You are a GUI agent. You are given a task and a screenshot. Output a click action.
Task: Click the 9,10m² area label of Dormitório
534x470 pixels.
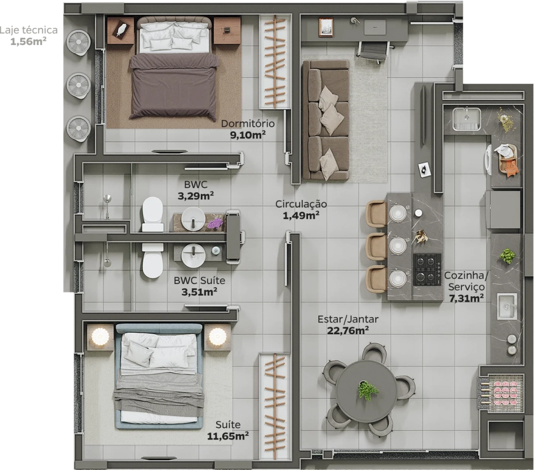coord(248,135)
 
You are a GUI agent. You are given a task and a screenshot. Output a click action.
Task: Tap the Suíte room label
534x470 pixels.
coord(228,425)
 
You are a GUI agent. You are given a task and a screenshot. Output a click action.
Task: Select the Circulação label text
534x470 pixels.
coord(301,204)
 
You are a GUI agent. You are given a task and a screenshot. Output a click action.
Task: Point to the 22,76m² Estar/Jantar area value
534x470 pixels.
coord(348,330)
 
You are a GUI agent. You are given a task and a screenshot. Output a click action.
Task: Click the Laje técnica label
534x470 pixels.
coord(29,30)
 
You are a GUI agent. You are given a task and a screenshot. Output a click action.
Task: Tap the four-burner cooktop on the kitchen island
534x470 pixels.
coord(427,269)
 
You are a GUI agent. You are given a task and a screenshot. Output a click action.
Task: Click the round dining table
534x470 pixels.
coord(366,389)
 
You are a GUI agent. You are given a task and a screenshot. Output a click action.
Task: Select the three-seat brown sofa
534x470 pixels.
coord(325,120)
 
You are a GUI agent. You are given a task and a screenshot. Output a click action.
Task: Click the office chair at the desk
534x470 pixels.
coord(374,52)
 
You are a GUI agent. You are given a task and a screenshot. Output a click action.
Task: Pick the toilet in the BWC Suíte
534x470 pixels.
coord(152,260)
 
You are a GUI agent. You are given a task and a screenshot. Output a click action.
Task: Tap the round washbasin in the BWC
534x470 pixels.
coord(193,218)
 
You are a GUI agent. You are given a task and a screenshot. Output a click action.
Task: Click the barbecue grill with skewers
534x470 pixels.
coord(500,393)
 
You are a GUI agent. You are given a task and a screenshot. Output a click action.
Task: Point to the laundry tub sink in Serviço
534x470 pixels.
coord(467,119)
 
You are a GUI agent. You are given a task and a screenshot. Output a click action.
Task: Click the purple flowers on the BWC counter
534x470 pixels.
coord(215,224)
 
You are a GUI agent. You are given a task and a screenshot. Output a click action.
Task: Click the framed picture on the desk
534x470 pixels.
coord(326,27)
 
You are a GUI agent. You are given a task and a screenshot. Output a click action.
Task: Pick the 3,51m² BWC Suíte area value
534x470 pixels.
coord(200,292)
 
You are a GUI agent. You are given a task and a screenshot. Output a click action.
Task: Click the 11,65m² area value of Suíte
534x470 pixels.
coord(228,436)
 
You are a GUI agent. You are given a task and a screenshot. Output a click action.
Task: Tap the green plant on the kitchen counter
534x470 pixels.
coord(507,256)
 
